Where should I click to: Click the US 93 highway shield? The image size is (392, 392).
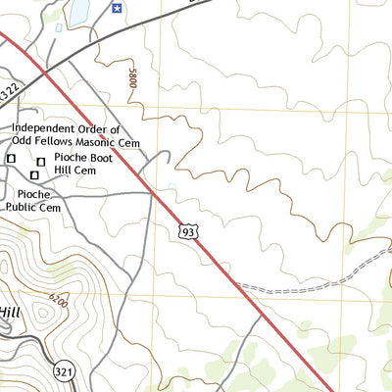pyautogui.click(x=186, y=231)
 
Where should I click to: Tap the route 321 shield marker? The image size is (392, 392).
pyautogui.click(x=65, y=371)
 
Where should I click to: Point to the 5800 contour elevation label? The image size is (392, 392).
pyautogui.click(x=131, y=79)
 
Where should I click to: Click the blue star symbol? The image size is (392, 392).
pyautogui.click(x=117, y=8)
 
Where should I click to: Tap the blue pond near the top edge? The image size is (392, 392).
pyautogui.click(x=77, y=11)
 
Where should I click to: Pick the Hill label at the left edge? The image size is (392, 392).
pyautogui.click(x=9, y=312)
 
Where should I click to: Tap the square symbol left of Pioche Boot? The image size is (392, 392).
pyautogui.click(x=41, y=161)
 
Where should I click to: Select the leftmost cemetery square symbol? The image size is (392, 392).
pyautogui.click(x=12, y=158)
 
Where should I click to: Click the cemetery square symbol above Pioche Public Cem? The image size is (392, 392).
pyautogui.click(x=34, y=174)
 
